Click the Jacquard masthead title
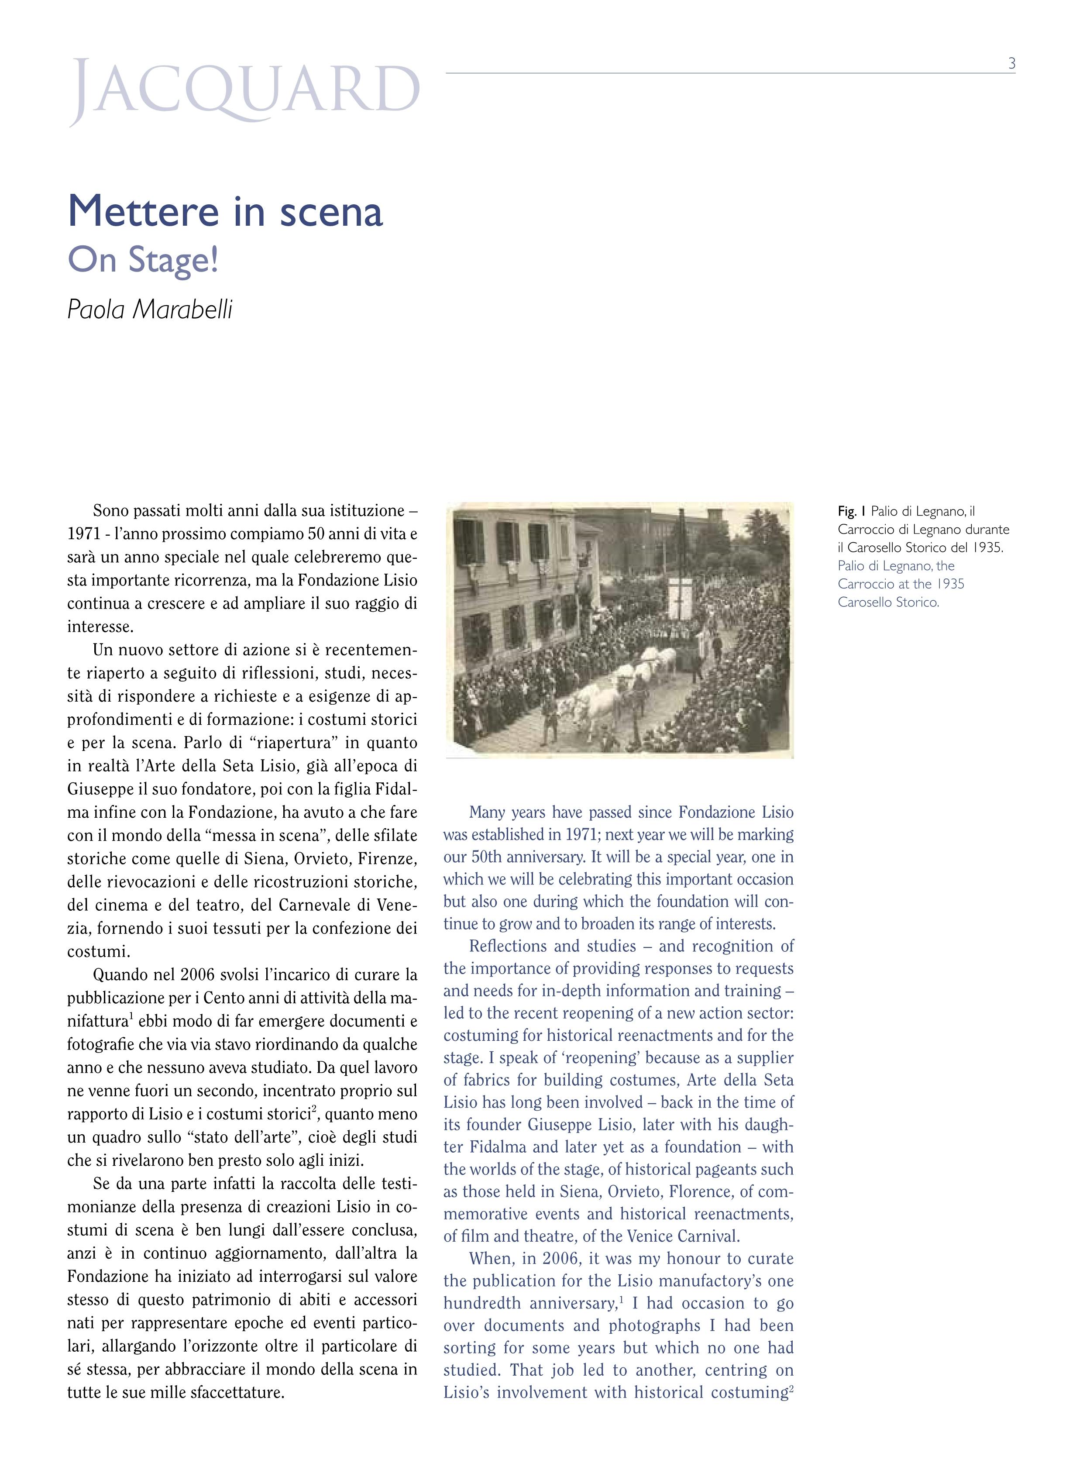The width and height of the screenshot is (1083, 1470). [244, 92]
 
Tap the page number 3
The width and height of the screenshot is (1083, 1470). [1011, 64]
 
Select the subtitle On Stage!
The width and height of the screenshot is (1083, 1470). [142, 260]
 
